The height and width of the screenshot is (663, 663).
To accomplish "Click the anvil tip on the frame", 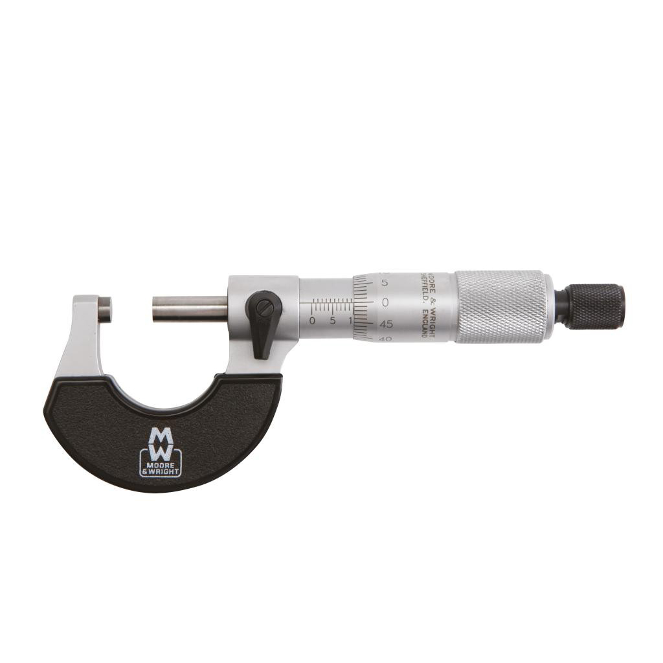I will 105,309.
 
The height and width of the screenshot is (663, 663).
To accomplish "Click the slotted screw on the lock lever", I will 264,308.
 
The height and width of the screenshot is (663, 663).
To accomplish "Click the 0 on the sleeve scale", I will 312,320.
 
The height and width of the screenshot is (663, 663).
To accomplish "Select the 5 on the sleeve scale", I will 332,320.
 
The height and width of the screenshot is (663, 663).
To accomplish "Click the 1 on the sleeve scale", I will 350,320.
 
